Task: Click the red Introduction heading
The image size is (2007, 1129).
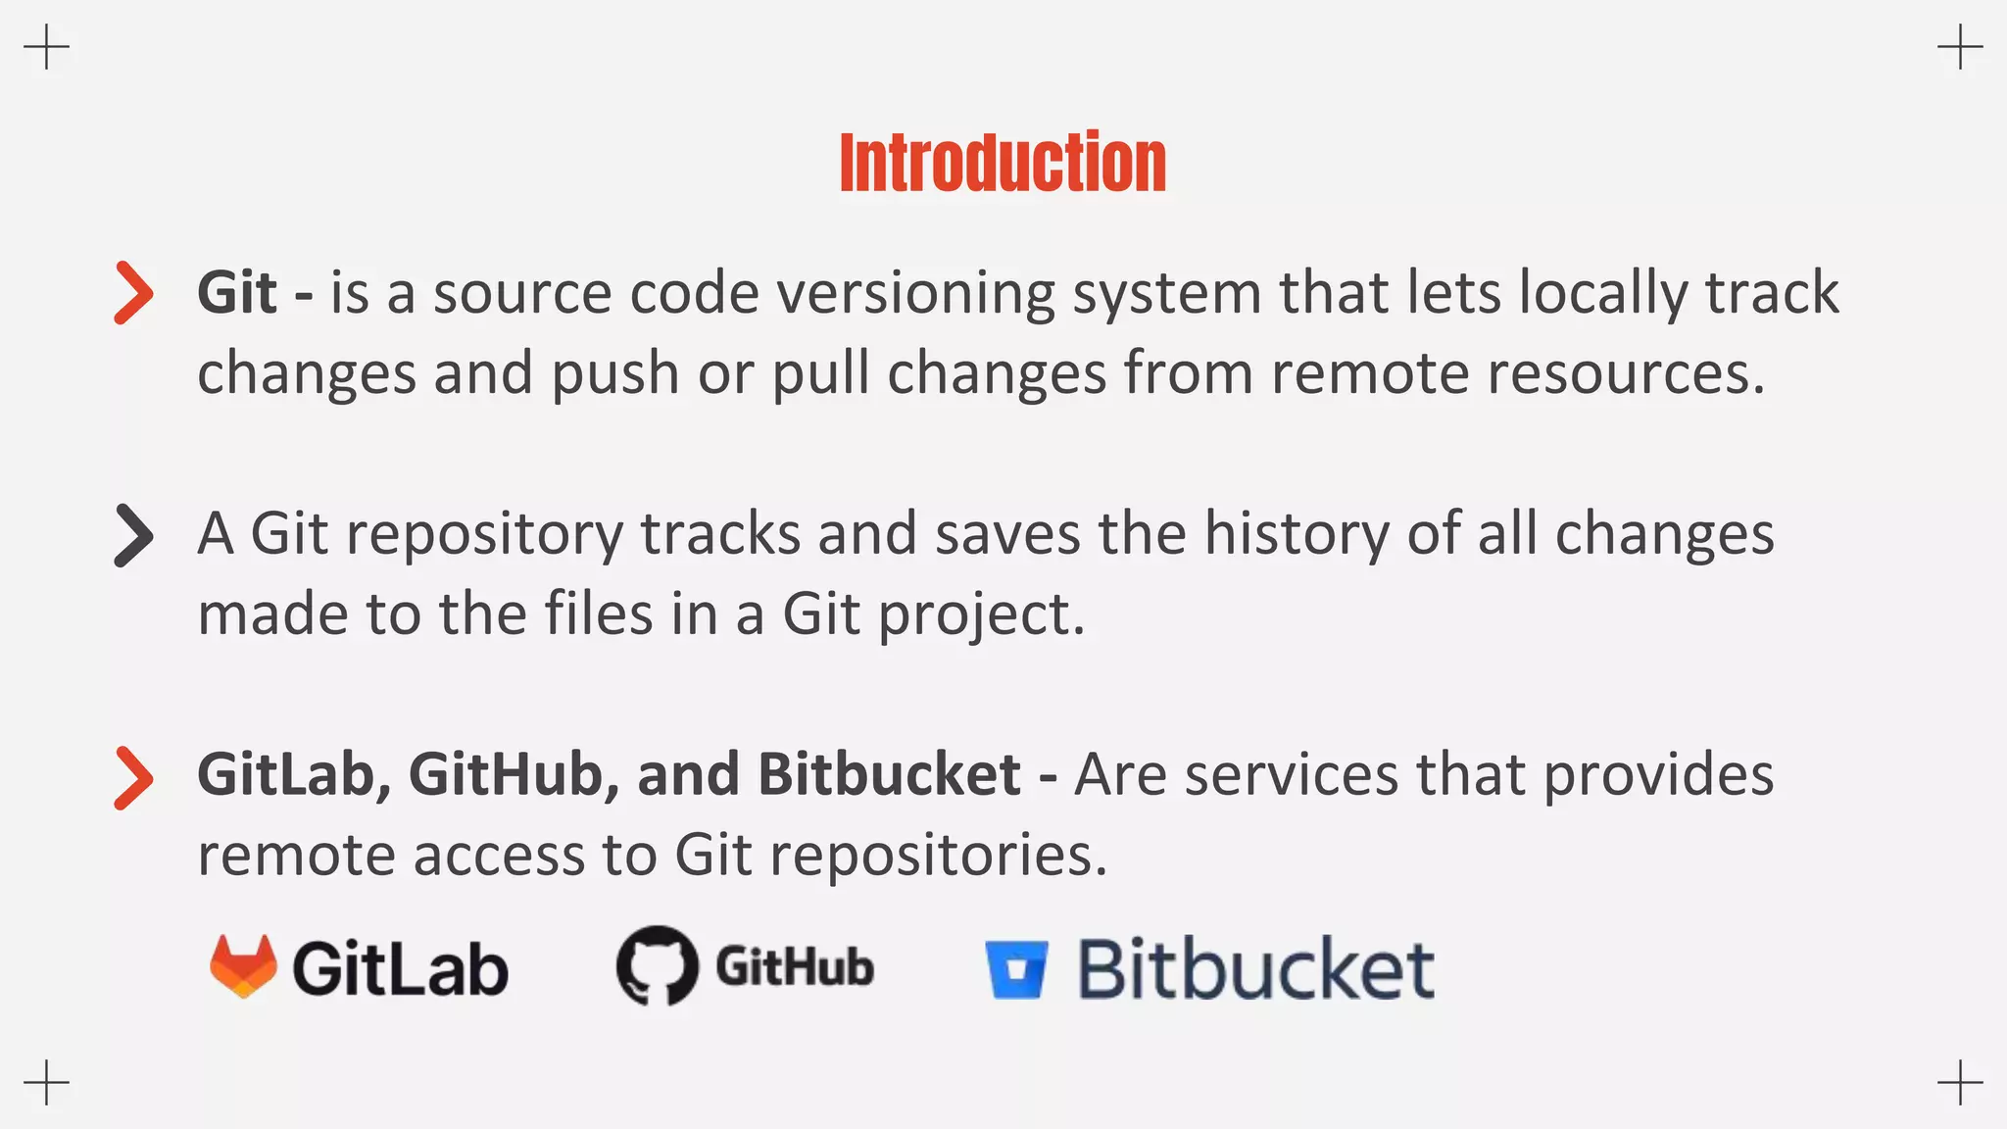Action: click(1003, 163)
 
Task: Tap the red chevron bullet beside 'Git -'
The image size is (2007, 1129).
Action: click(134, 292)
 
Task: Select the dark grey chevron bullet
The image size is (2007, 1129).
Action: click(134, 535)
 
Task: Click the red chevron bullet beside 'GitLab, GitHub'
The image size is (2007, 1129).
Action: click(134, 777)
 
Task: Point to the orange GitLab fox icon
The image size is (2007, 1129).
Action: click(243, 966)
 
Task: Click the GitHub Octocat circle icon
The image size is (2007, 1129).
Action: click(657, 965)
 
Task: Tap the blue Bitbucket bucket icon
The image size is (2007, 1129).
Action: click(1016, 969)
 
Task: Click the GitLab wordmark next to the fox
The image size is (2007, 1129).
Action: click(400, 969)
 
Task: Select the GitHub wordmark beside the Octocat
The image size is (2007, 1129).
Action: click(794, 967)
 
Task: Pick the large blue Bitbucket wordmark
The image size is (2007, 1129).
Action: click(1256, 969)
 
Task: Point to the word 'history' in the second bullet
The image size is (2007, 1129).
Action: click(1297, 535)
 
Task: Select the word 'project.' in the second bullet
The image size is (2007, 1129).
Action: click(981, 615)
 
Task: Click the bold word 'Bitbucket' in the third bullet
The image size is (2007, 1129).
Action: click(889, 775)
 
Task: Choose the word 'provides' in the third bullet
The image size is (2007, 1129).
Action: click(1658, 775)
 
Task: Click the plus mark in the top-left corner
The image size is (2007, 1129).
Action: click(46, 47)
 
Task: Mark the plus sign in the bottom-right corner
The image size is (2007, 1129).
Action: click(1960, 1082)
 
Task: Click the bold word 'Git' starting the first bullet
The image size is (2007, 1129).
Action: click(236, 293)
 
